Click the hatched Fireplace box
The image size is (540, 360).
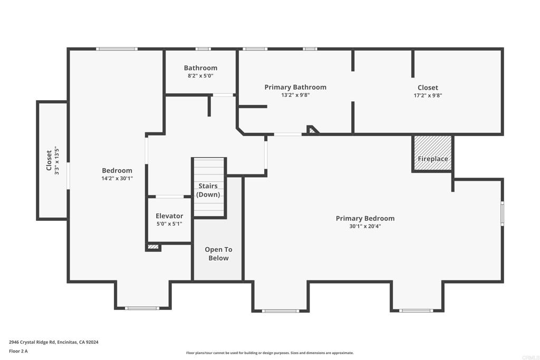pos(432,153)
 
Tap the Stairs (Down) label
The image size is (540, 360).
pos(208,190)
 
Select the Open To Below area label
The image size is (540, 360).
pos(218,254)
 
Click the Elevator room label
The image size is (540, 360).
pos(169,216)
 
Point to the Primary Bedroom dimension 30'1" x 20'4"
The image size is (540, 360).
pos(365,226)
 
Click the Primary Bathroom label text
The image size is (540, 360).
pos(295,87)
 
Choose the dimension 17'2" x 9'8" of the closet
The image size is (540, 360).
pos(428,95)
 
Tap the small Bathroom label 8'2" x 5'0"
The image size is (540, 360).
pos(200,75)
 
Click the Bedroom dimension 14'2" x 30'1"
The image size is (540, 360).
pos(117,178)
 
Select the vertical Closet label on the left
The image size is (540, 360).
pos(49,160)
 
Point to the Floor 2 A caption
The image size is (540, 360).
pos(18,351)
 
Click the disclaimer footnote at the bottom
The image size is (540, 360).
pos(269,353)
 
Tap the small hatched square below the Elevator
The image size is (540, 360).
pos(153,246)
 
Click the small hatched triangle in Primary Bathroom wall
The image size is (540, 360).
pos(313,130)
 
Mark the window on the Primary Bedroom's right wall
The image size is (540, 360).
pos(502,213)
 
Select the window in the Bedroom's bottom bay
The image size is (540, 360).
pos(142,308)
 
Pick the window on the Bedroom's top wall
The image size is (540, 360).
pos(117,49)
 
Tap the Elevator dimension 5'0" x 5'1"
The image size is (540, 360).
pos(169,223)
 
